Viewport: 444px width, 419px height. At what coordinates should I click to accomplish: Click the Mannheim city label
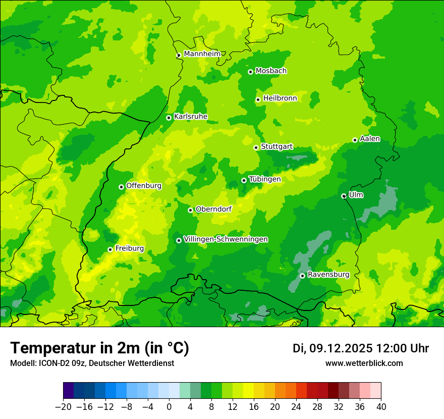202,54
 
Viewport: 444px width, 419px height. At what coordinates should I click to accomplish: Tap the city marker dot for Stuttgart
256,147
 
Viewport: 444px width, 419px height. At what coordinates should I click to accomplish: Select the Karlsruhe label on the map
190,117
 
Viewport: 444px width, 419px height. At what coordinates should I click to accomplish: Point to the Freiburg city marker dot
110,249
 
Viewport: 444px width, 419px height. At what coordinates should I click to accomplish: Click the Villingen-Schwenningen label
226,239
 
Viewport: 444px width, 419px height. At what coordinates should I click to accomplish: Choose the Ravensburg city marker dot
302,276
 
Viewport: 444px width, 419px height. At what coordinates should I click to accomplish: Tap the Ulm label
356,195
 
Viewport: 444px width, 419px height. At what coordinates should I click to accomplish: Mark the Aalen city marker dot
355,140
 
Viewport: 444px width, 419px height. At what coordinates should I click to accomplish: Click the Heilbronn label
280,98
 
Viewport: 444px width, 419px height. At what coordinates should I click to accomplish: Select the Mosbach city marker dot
250,72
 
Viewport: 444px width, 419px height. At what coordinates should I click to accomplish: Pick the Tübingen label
264,179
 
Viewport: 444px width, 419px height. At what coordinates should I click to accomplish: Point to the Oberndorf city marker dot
190,210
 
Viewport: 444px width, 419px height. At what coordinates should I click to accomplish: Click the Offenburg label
144,186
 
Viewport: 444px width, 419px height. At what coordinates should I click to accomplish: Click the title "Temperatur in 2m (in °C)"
99,348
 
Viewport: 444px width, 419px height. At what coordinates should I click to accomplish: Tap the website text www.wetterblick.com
364,363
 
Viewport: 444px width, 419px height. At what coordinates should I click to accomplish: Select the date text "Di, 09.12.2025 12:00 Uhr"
361,348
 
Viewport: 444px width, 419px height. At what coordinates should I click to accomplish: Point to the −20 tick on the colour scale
63,406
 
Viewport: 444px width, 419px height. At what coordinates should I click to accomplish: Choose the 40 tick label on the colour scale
381,406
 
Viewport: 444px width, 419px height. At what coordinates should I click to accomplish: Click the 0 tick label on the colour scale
169,406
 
